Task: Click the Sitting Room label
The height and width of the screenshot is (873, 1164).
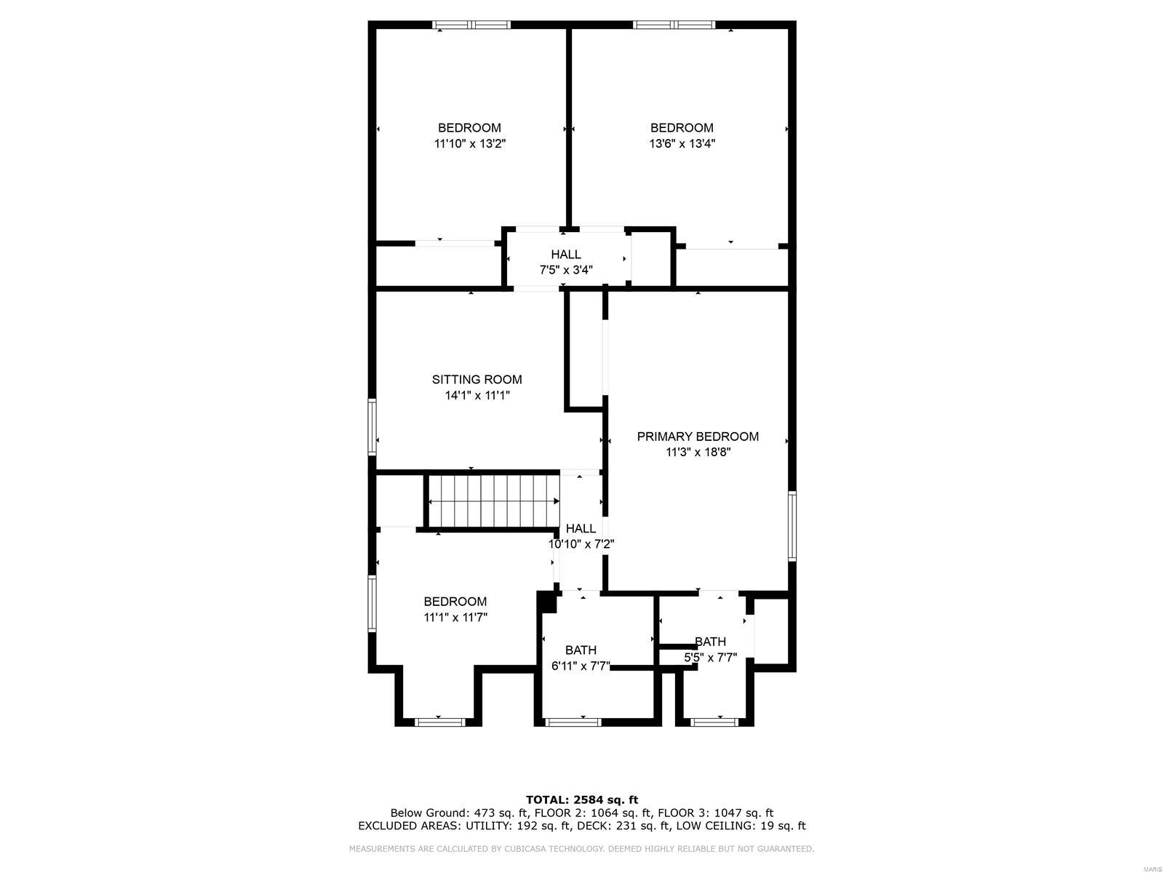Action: coord(477,379)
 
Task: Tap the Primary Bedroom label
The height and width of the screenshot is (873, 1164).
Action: coord(698,436)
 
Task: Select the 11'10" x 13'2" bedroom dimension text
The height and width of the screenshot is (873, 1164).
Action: coord(469,144)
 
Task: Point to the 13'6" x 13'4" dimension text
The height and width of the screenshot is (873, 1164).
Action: coord(682,144)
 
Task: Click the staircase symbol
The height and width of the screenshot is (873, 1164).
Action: coord(493,501)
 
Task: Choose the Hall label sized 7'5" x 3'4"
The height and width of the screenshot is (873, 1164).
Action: coord(565,255)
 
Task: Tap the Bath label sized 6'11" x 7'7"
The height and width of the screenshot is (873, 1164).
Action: coord(581,650)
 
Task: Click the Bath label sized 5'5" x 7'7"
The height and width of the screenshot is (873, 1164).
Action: coord(710,642)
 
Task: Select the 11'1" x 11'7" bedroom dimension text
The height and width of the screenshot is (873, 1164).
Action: coord(455,618)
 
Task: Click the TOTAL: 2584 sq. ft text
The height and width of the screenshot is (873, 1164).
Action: coord(581,800)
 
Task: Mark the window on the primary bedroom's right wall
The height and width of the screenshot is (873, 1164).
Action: coord(792,525)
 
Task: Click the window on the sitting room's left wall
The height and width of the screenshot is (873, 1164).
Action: coord(372,427)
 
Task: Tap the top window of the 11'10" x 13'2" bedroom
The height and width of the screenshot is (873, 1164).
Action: coord(472,25)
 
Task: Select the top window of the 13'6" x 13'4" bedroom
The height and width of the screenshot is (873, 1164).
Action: coord(674,25)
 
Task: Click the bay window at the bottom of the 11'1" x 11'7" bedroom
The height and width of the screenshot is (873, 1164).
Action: coord(439,722)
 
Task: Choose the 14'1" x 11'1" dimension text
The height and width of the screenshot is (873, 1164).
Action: coord(477,396)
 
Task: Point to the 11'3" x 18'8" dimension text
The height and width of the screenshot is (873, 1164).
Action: coord(698,453)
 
